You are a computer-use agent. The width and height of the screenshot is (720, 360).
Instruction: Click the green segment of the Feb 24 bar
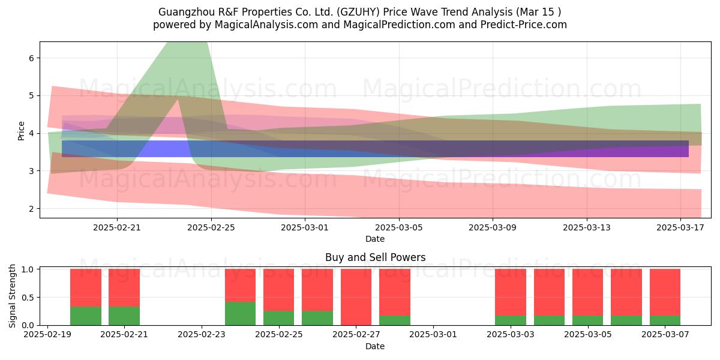[x=240, y=313]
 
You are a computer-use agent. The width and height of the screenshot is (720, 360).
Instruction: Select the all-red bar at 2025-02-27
[x=356, y=297]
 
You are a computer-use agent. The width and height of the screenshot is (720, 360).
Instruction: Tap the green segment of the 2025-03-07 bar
[x=665, y=320]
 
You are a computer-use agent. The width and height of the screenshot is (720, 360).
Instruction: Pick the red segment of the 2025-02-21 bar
[x=124, y=287]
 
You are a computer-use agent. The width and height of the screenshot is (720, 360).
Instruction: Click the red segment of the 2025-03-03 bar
[x=511, y=292]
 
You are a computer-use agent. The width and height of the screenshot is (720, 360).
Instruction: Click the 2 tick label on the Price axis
[x=31, y=209]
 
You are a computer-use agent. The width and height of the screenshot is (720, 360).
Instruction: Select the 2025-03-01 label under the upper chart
[x=305, y=227]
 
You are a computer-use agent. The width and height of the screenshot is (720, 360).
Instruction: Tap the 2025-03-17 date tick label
[x=680, y=227]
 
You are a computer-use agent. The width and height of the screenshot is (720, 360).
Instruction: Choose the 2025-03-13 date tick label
[x=587, y=227]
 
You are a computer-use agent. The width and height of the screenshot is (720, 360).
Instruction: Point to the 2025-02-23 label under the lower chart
[x=202, y=335]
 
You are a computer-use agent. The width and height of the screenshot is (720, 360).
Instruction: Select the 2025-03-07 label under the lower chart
[x=665, y=335]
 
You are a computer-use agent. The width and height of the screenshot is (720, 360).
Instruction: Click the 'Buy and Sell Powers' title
[x=375, y=257]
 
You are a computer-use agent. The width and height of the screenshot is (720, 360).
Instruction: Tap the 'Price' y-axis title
[x=21, y=131]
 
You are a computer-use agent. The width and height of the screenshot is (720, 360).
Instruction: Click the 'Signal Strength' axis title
[x=12, y=296]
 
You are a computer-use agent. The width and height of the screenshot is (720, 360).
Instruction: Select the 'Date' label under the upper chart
[x=375, y=239]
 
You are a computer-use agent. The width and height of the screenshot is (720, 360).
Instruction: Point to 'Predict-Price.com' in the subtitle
[x=524, y=25]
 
